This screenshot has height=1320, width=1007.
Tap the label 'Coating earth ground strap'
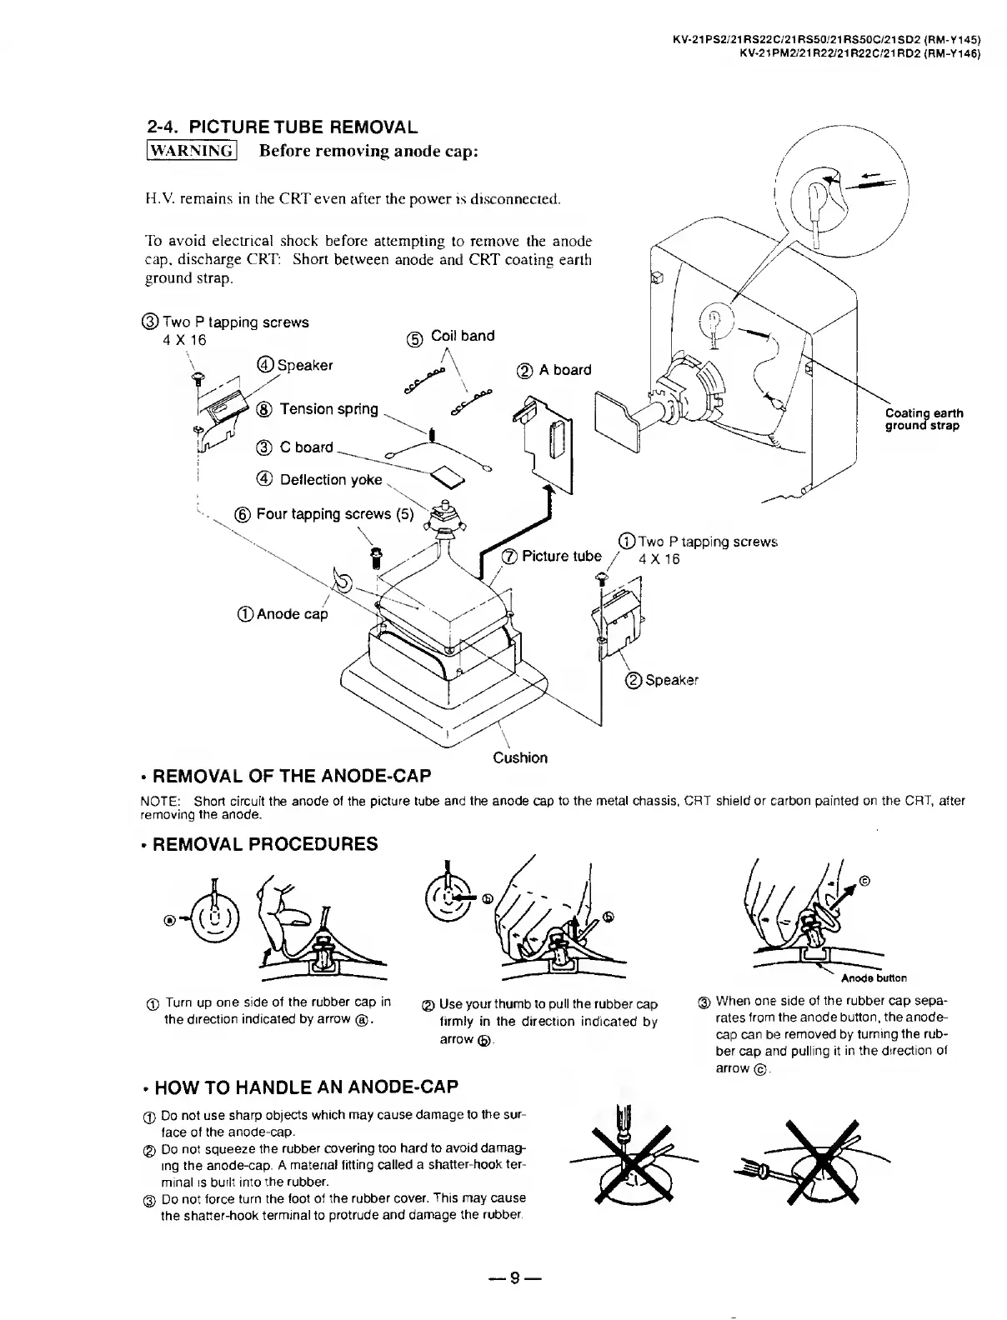pos(924,419)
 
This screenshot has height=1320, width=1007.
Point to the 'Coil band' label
pos(462,336)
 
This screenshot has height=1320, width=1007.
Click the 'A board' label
pos(564,370)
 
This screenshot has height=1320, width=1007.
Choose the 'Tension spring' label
pos(328,409)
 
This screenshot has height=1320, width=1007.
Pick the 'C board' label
pos(306,447)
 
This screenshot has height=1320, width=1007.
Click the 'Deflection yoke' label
pos(330,480)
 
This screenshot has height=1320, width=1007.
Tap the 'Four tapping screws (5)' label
pos(334,514)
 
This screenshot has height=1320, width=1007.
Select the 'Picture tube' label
pos(561,556)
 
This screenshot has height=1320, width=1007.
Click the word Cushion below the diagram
pos(520,757)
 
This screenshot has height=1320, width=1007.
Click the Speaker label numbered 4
pos(304,365)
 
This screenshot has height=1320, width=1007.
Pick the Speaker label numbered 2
pos(671,680)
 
